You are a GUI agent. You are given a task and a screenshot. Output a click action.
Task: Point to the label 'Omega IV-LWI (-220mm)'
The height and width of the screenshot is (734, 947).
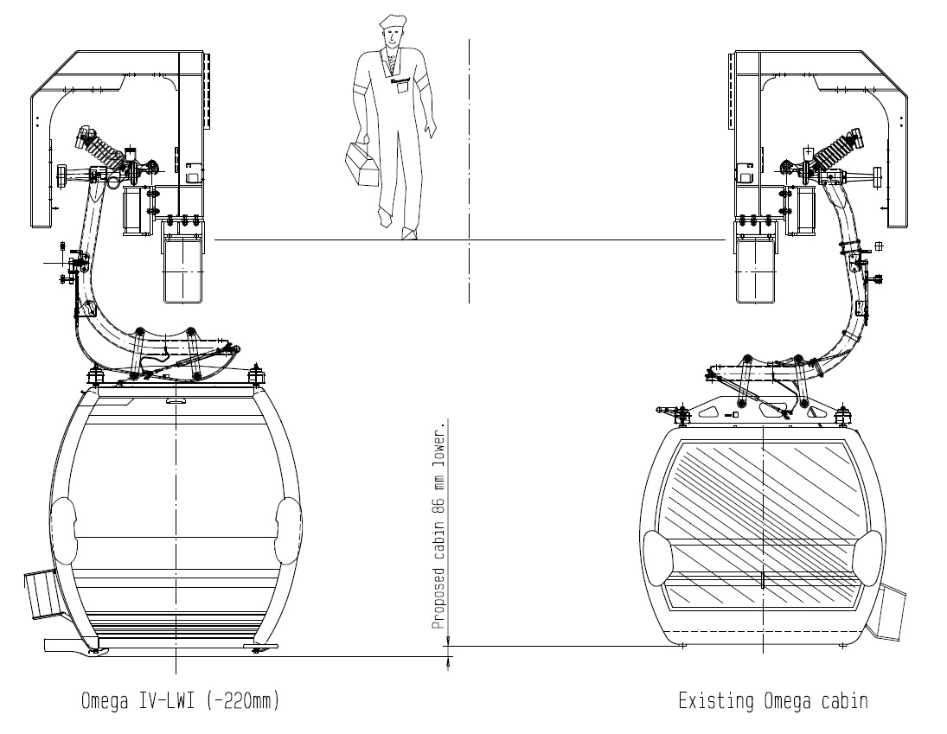click(x=181, y=701)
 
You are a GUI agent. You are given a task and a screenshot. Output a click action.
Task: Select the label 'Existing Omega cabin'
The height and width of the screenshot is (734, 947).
click(x=773, y=701)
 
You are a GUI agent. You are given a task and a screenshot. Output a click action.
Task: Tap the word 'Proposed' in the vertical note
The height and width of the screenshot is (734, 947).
click(x=439, y=597)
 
